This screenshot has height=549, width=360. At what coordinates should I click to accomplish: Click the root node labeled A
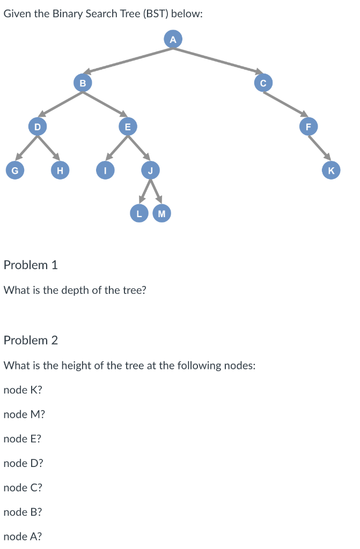click(x=173, y=39)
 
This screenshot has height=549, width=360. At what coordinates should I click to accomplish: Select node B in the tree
click(x=82, y=83)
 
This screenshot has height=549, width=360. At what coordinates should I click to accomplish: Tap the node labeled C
click(x=263, y=83)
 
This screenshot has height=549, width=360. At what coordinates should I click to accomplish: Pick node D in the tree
click(x=36, y=127)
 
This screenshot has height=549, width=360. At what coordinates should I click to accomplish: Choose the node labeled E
click(x=127, y=127)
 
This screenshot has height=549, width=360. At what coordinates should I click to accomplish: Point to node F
click(x=308, y=127)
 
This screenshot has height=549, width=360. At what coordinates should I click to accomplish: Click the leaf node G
click(x=14, y=170)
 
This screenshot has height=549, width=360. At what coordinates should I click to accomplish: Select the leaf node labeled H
click(x=60, y=170)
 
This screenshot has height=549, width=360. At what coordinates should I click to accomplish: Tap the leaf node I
click(x=105, y=170)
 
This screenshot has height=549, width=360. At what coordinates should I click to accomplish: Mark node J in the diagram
click(x=151, y=170)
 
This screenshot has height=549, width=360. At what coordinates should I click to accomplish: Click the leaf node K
click(x=331, y=170)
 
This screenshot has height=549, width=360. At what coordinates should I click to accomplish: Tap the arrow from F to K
click(x=320, y=149)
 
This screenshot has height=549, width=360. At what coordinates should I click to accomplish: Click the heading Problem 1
click(x=31, y=265)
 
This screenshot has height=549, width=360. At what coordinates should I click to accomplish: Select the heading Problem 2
click(x=31, y=340)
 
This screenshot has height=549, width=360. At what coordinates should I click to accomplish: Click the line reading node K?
click(x=23, y=390)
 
